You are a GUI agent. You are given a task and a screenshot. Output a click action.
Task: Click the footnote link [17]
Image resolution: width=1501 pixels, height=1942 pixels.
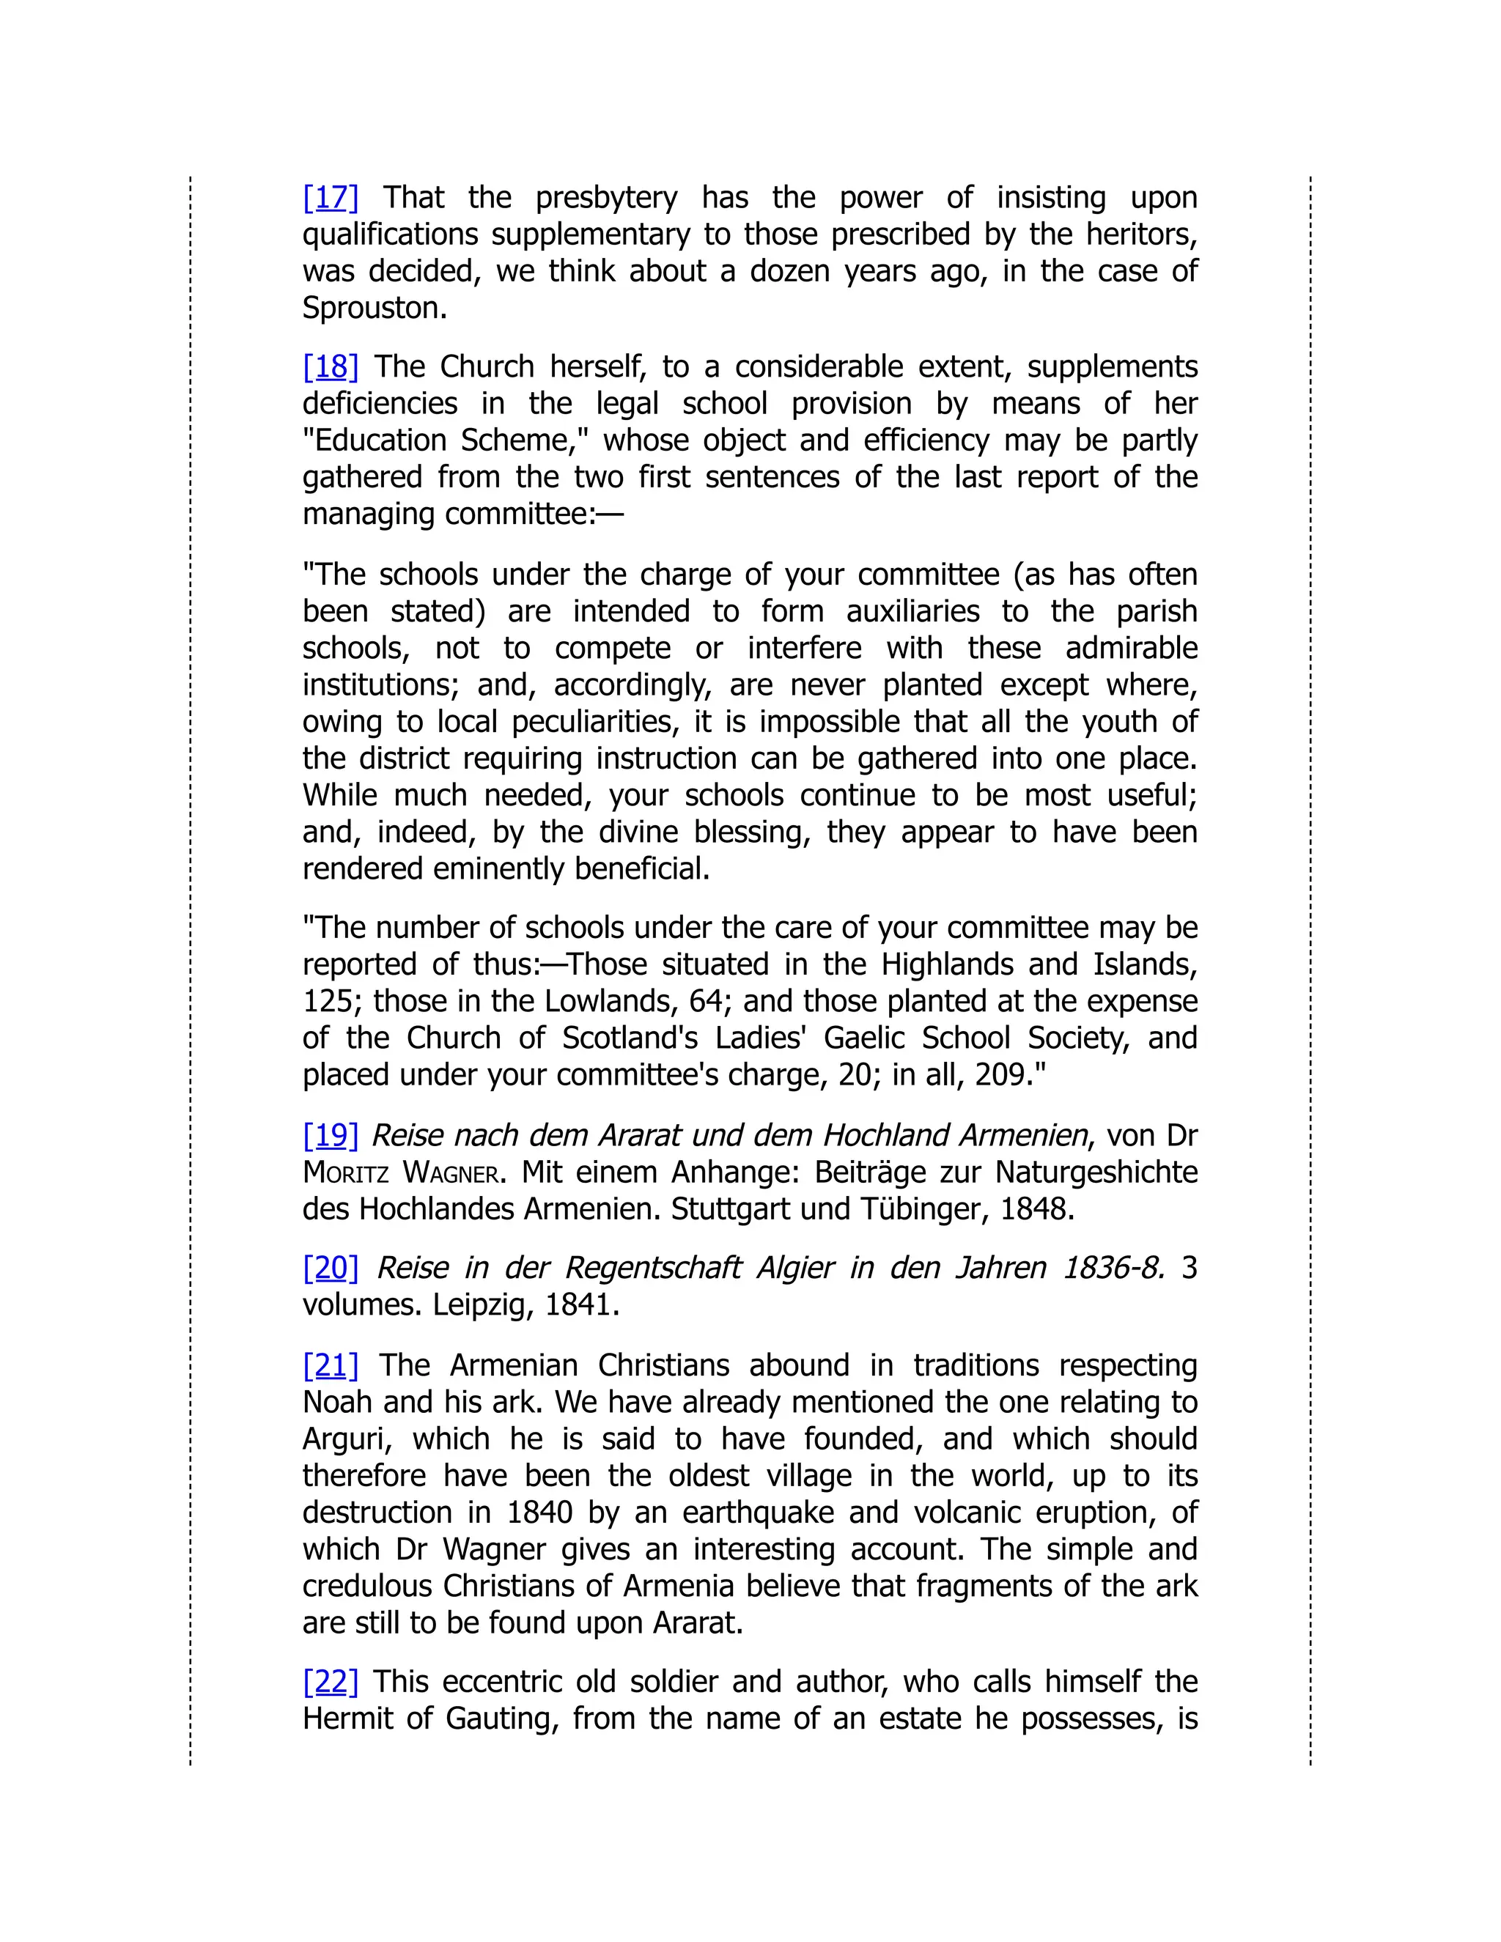[x=330, y=197]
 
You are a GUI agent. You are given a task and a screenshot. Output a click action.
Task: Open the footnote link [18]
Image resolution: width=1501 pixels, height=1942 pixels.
[x=330, y=366]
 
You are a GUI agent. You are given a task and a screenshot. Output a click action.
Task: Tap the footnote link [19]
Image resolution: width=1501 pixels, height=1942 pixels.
[x=330, y=1135]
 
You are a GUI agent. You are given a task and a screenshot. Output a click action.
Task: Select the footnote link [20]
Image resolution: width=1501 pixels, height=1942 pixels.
[x=330, y=1268]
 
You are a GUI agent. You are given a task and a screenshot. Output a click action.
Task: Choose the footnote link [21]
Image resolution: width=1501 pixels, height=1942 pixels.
[x=330, y=1365]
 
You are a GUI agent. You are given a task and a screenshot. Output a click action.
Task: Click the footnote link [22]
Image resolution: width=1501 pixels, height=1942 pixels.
[x=330, y=1681]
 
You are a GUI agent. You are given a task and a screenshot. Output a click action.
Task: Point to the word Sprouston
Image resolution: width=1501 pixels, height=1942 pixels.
[x=374, y=309]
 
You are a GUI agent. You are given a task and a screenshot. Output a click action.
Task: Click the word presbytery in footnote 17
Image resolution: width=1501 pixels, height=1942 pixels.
[x=605, y=197]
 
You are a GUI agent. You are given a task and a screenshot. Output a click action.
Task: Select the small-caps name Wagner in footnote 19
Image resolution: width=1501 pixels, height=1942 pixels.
[x=451, y=1173]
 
